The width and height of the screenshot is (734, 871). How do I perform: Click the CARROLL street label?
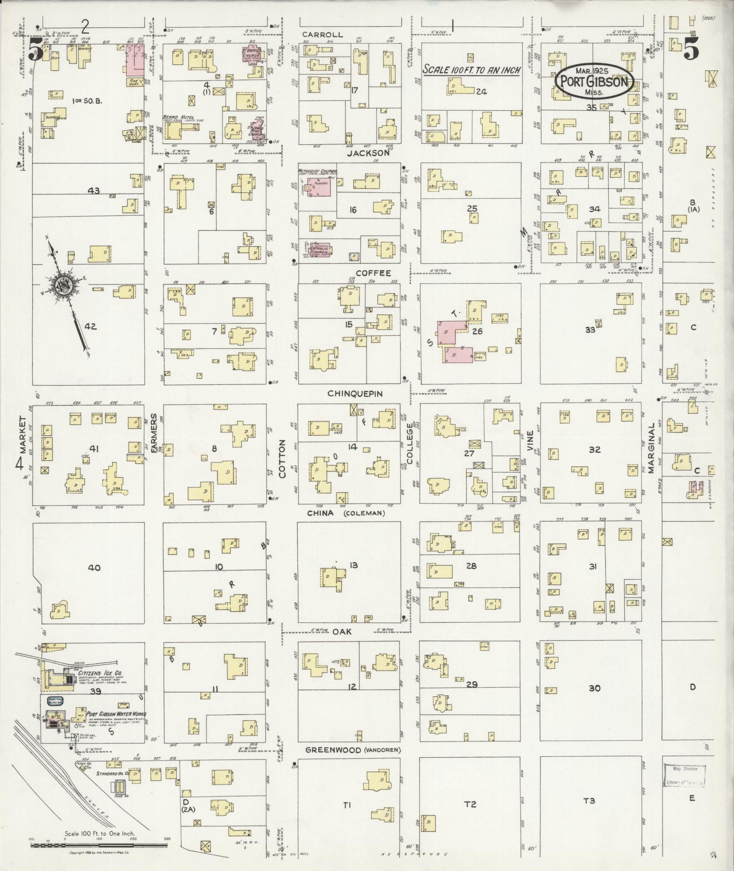click(322, 35)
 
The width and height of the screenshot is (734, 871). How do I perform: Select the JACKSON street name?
click(368, 153)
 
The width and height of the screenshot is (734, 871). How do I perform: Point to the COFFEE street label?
click(373, 273)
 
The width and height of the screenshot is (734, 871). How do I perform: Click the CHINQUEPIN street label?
click(355, 393)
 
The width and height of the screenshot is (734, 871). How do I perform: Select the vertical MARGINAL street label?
click(651, 448)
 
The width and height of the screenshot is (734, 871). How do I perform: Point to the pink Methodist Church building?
click(319, 186)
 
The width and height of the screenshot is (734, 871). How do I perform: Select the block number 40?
click(94, 567)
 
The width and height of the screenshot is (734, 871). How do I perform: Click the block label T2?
click(470, 805)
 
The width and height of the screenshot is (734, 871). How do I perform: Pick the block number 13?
click(353, 565)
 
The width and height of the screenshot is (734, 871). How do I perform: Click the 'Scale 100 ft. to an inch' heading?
click(471, 70)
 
